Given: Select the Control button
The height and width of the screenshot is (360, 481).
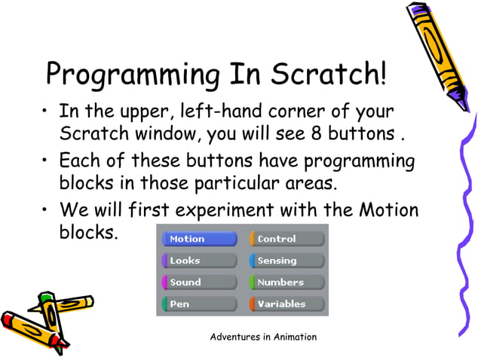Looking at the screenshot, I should pyautogui.click(x=286, y=239).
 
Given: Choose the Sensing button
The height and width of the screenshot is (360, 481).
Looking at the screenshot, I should pyautogui.click(x=286, y=261).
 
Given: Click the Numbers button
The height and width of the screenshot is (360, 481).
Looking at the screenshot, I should pyautogui.click(x=286, y=282).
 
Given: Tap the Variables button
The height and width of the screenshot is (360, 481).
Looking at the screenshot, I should pyautogui.click(x=286, y=304).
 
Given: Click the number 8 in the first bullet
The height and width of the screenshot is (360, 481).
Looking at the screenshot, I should pyautogui.click(x=317, y=136).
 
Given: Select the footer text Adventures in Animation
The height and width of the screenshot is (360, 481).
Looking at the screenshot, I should pyautogui.click(x=263, y=337).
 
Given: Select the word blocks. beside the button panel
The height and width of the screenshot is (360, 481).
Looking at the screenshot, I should pyautogui.click(x=89, y=233).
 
